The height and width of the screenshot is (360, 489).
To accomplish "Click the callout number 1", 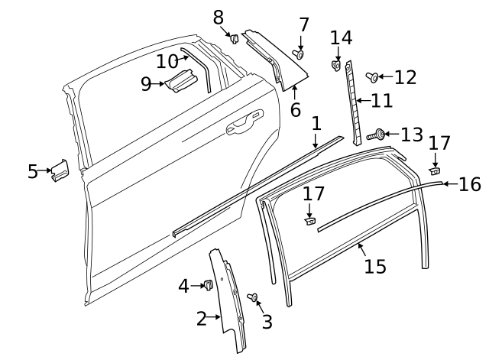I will (316, 123).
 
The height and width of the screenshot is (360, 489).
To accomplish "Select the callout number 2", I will (201, 319).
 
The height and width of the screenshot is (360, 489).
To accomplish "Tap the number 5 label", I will (32, 171).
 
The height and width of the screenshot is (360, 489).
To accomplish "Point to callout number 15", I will (374, 266).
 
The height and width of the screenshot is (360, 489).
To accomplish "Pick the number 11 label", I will (381, 100).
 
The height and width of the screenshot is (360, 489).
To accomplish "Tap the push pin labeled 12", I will (373, 76).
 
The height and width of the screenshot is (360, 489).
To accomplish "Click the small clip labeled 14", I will (335, 66).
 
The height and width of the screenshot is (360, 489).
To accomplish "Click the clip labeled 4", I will (206, 286).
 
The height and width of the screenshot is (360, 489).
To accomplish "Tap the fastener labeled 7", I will (299, 54).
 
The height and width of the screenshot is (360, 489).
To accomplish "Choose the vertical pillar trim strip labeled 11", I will (352, 99).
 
